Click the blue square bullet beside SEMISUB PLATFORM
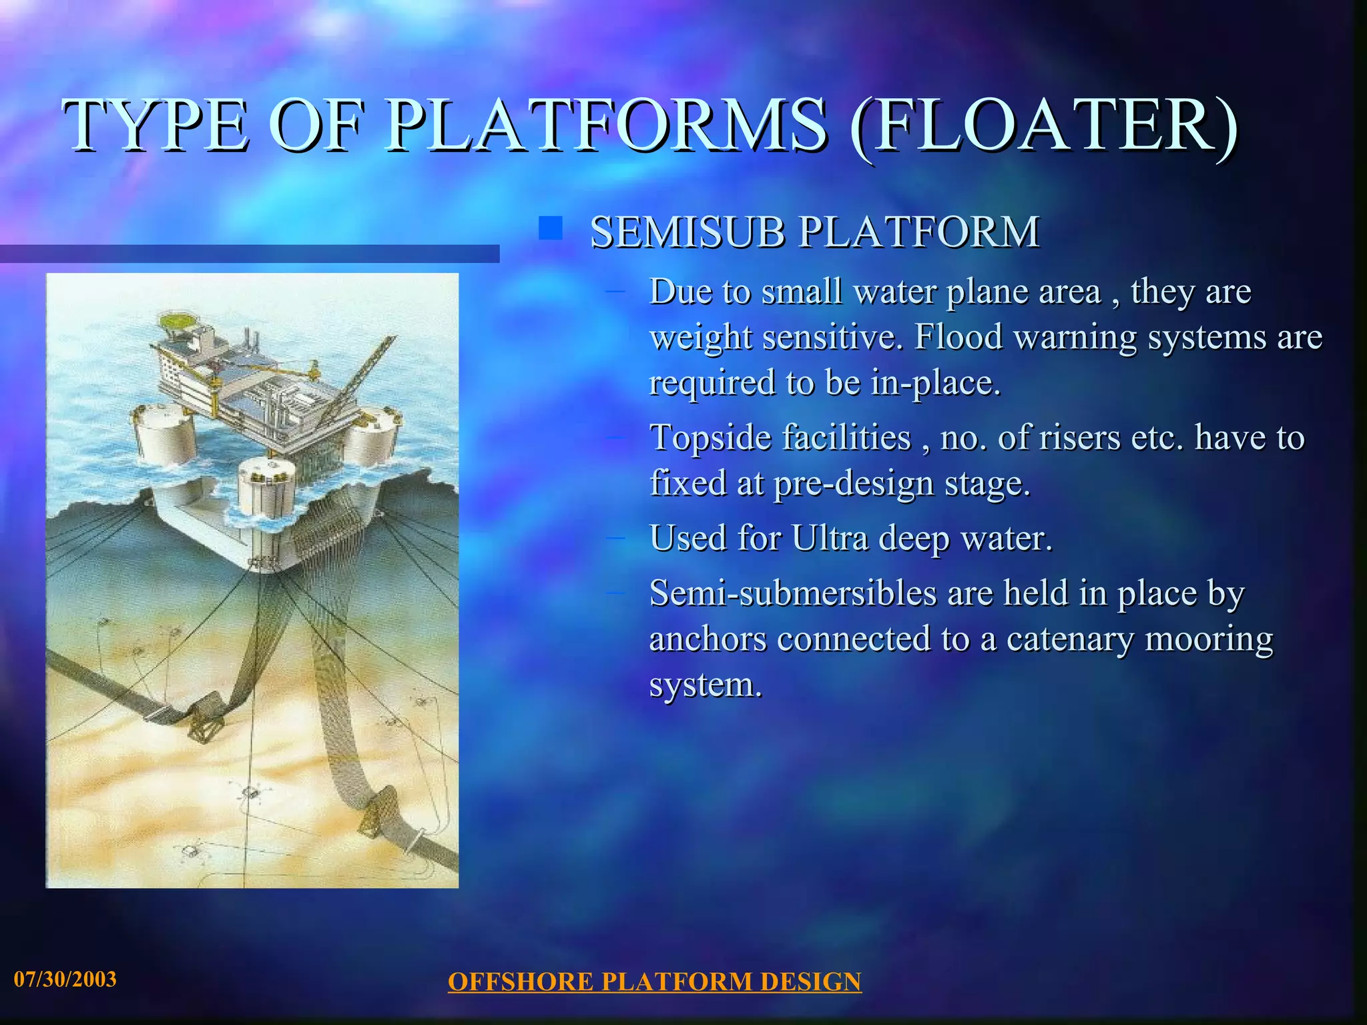click(551, 229)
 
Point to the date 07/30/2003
click(65, 980)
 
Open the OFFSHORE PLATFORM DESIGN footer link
click(654, 982)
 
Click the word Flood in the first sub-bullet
click(958, 336)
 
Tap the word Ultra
click(830, 538)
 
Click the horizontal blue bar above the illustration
click(250, 254)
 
